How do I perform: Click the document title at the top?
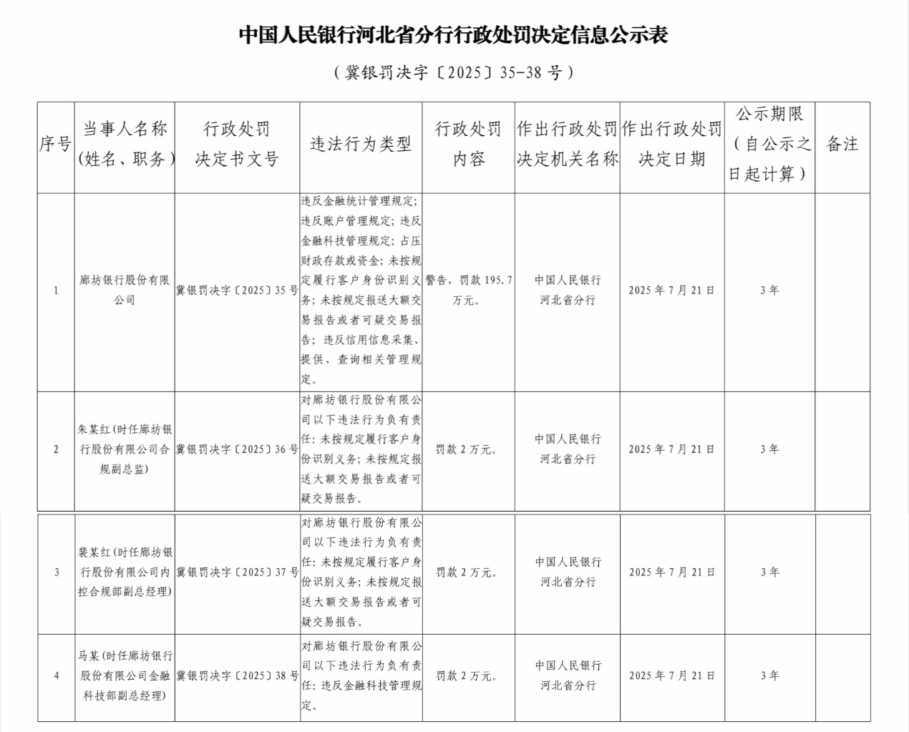(x=453, y=36)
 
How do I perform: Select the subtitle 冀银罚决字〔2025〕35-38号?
(x=453, y=72)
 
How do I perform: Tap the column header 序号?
(x=55, y=145)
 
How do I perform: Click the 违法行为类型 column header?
(x=361, y=145)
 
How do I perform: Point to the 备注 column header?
(x=842, y=145)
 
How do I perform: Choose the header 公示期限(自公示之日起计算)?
(x=769, y=144)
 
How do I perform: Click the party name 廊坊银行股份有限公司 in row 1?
(x=125, y=291)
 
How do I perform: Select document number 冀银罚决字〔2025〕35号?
(x=237, y=291)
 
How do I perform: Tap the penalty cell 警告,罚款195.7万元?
(x=469, y=291)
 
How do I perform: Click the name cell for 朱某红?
(x=125, y=449)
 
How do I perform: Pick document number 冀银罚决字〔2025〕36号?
(x=237, y=449)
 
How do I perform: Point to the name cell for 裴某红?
(x=125, y=572)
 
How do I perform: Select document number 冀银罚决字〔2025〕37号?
(x=237, y=572)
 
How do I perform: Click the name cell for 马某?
(x=125, y=675)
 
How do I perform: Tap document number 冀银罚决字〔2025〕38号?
(x=237, y=675)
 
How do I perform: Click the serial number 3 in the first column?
(x=57, y=572)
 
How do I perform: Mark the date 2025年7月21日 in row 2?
(x=671, y=449)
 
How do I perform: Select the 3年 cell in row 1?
(x=769, y=291)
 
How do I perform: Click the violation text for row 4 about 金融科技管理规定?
(x=361, y=675)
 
